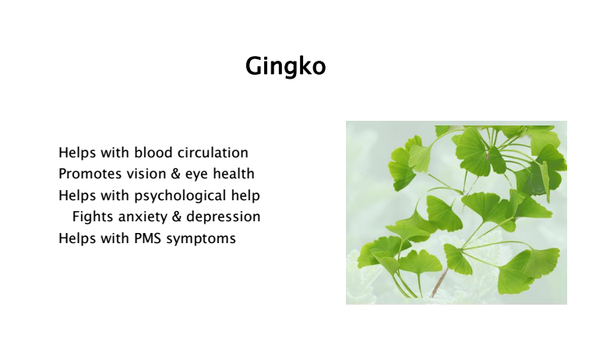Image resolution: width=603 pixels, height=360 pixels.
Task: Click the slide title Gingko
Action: click(x=286, y=66)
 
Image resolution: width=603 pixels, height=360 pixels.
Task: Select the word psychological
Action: click(x=180, y=196)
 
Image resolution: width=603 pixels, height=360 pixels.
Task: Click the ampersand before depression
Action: click(x=177, y=217)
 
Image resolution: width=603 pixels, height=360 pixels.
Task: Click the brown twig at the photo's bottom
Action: click(x=439, y=283)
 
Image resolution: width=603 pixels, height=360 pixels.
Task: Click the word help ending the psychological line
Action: click(x=245, y=196)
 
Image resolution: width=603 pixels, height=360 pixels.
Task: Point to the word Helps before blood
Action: click(x=77, y=152)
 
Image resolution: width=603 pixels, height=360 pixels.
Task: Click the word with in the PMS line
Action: click(x=115, y=238)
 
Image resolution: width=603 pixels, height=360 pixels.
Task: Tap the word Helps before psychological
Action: click(x=77, y=196)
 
